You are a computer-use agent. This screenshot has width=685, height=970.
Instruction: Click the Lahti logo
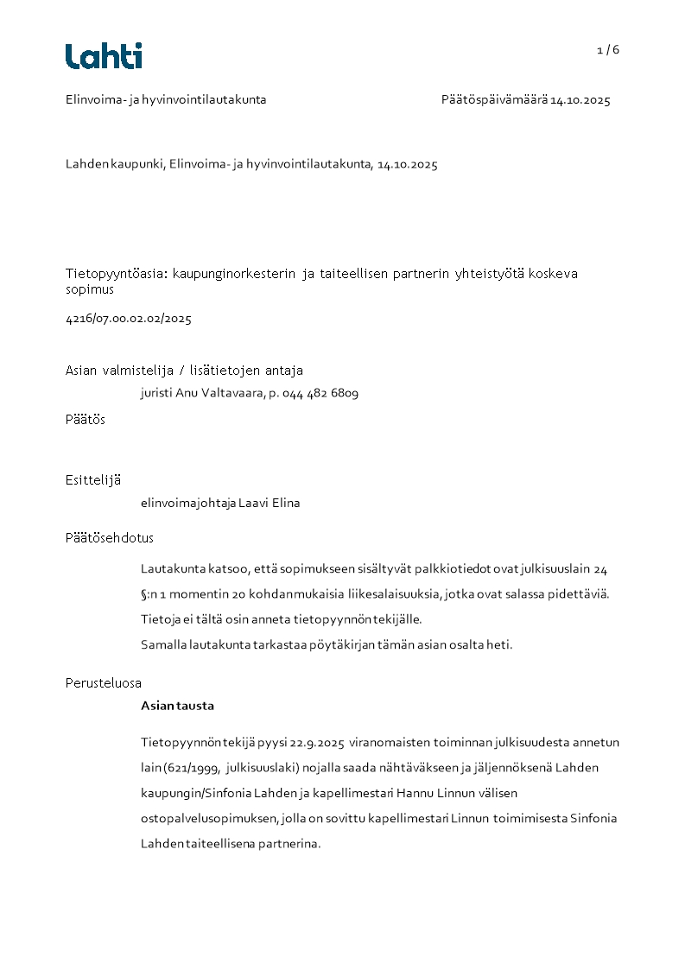[104, 56]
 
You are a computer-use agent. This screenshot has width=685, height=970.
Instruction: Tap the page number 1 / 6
[608, 50]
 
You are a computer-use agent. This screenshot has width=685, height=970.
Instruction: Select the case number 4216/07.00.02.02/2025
[128, 319]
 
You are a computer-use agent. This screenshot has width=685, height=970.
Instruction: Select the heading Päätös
[86, 420]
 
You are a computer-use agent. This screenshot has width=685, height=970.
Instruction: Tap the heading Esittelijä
[93, 480]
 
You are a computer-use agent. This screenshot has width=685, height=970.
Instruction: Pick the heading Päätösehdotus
[110, 538]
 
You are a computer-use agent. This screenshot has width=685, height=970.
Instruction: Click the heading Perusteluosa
[104, 683]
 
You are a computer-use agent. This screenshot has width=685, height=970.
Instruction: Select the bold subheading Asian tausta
[177, 706]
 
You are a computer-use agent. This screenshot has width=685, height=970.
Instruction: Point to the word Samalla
[162, 644]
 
